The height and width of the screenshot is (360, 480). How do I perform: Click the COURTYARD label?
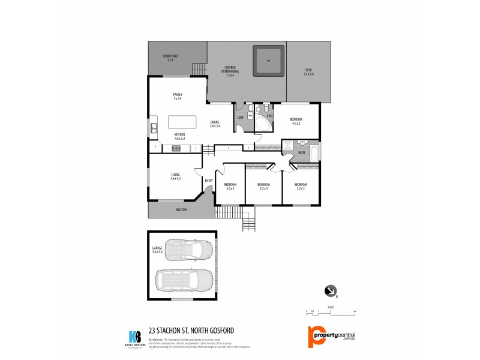pyautogui.click(x=170, y=58)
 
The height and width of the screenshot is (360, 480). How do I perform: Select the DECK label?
pyautogui.click(x=308, y=72)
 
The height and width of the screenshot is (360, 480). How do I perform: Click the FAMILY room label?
pyautogui.click(x=178, y=96)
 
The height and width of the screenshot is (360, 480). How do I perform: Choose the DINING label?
pyautogui.click(x=215, y=124)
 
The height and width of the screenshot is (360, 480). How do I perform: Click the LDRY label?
pyautogui.click(x=240, y=117)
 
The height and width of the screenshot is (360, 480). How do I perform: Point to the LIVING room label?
pyautogui.click(x=175, y=176)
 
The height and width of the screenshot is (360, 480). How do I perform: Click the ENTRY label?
pyautogui.click(x=209, y=181)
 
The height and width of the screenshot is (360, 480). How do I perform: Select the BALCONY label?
pyautogui.click(x=182, y=209)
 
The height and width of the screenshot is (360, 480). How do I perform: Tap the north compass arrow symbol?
pyautogui.click(x=329, y=290)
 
